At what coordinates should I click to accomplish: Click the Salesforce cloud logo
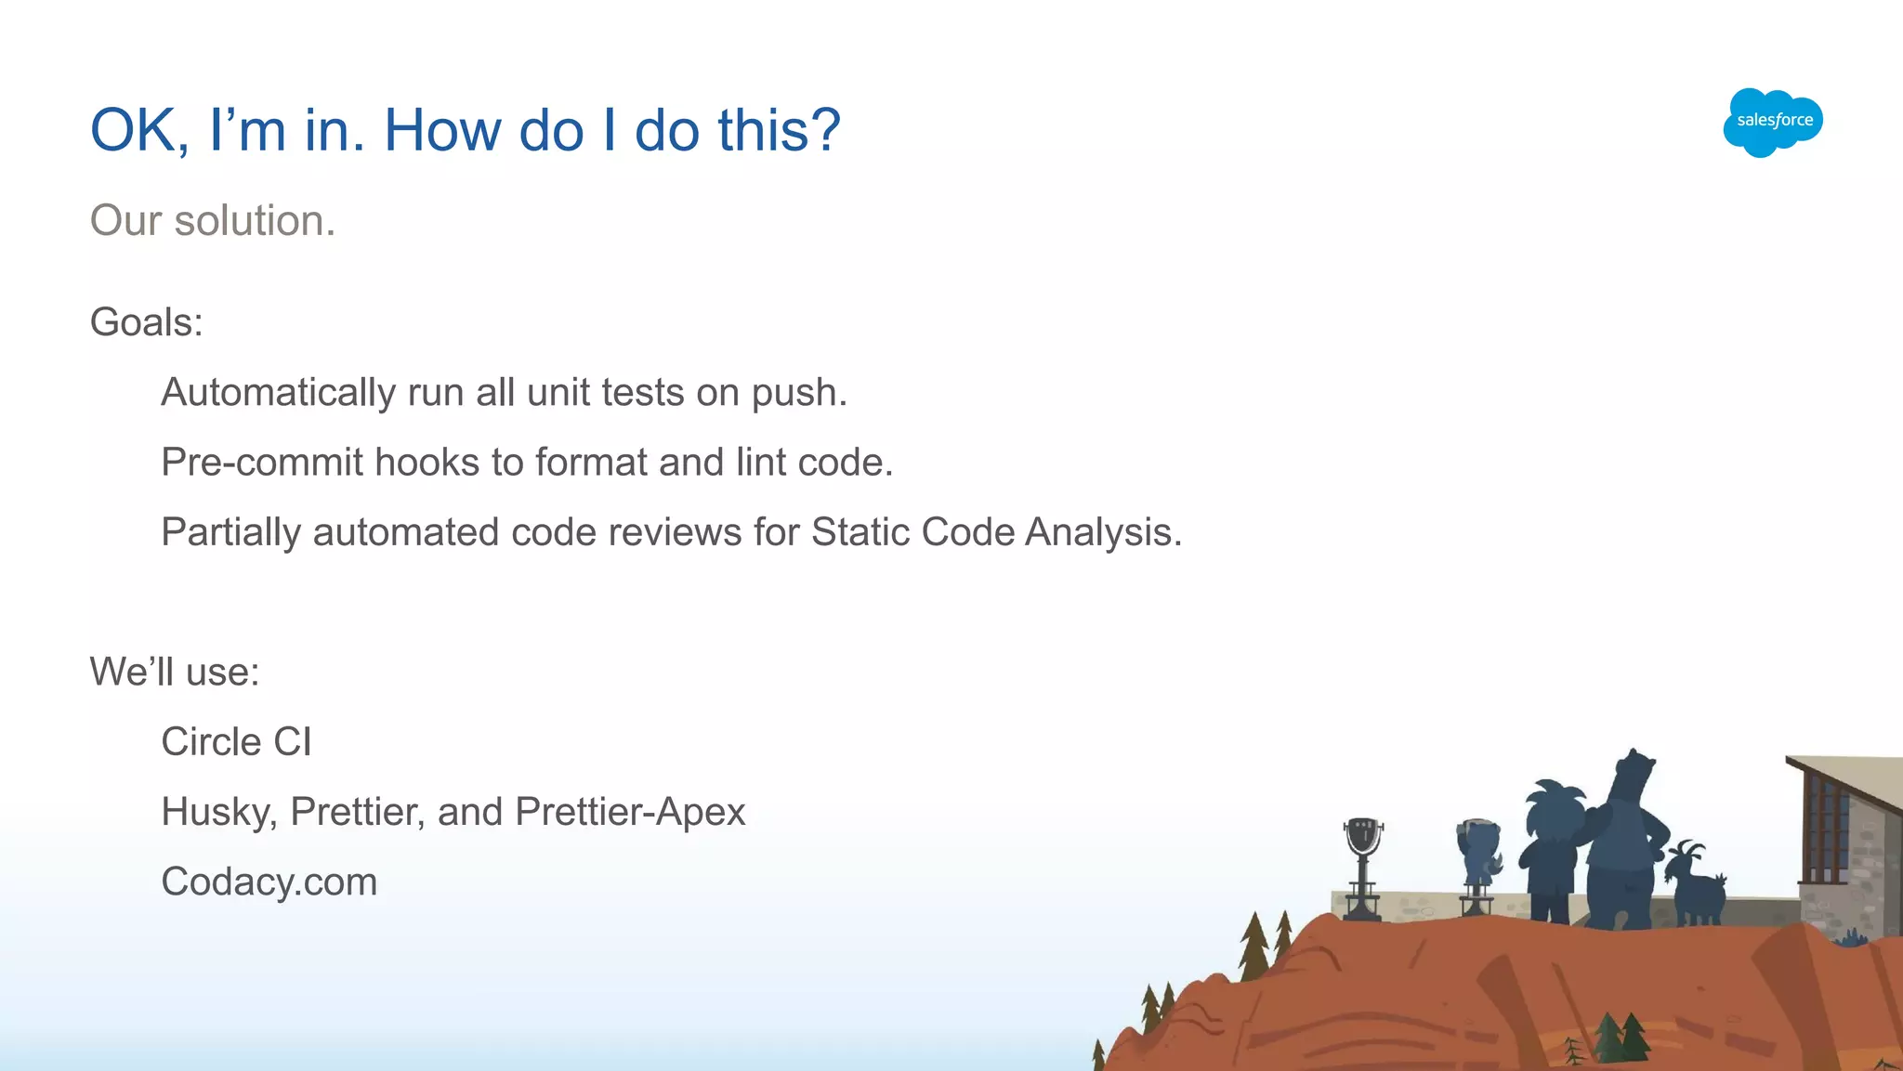coord(1772,122)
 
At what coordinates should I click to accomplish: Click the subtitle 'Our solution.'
coord(212,221)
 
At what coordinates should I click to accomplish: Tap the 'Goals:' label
coord(146,323)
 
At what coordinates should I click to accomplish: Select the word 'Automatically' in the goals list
coord(278,393)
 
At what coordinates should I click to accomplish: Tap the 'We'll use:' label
coord(174,672)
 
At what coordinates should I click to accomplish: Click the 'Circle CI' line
coord(236,742)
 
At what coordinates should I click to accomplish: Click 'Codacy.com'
coord(269,882)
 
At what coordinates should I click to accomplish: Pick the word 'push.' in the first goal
coord(799,393)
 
